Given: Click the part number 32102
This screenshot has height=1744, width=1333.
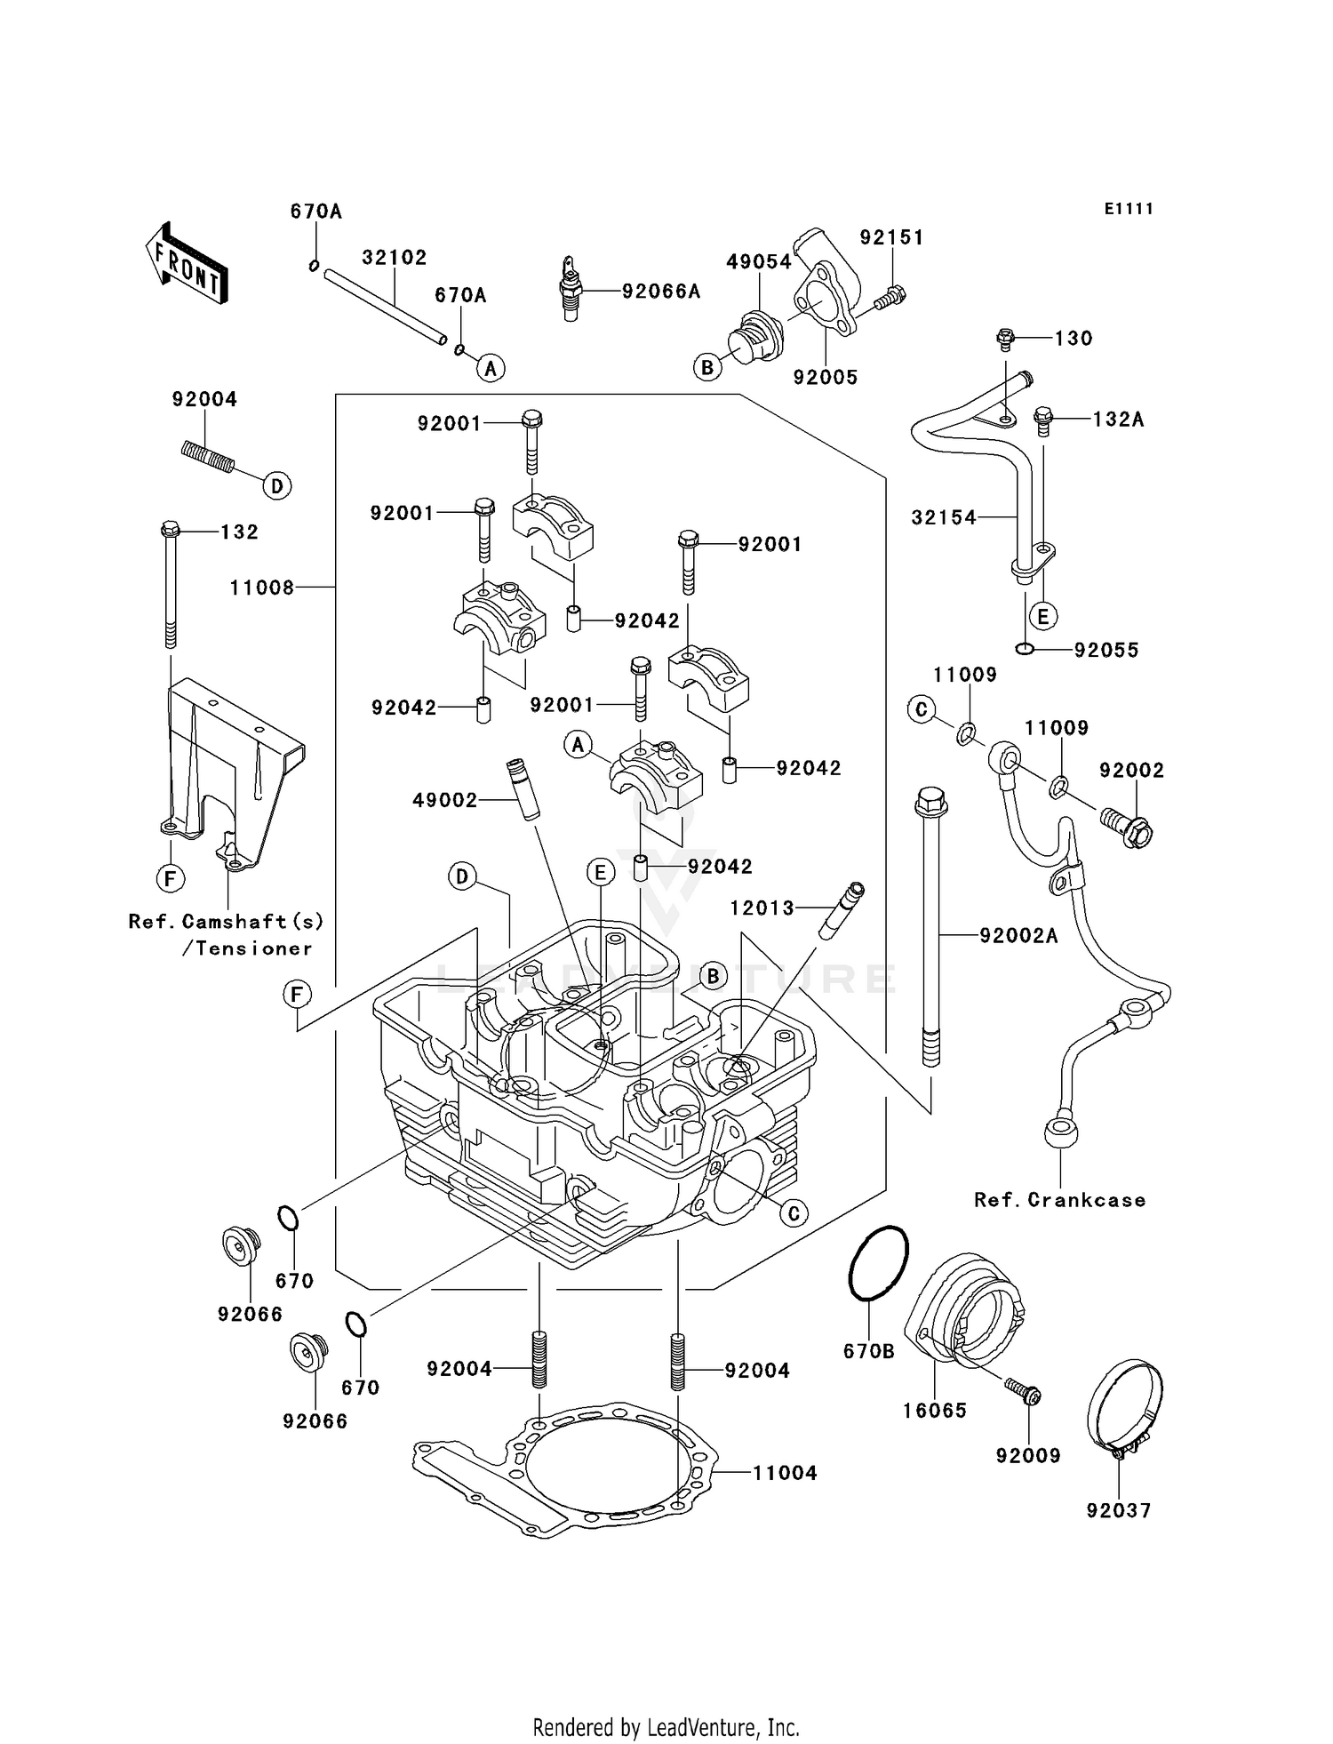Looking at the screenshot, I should tap(394, 258).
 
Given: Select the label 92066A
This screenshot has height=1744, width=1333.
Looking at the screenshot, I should tap(661, 292).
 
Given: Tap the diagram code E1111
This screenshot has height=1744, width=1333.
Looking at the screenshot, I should tap(1129, 209).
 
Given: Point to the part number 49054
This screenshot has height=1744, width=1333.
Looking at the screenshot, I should tap(758, 261).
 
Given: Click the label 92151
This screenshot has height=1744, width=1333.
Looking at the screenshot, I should tap(891, 237).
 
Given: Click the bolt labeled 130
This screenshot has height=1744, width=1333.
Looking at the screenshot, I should tap(1006, 338).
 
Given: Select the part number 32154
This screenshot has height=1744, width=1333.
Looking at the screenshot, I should tap(944, 517).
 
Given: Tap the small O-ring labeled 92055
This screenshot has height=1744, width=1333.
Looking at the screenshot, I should tap(1024, 649).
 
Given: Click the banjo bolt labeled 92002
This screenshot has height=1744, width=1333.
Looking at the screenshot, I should tap(1125, 825).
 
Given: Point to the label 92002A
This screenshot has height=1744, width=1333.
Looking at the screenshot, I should tap(1018, 935).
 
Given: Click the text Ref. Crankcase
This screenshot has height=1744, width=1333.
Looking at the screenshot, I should tap(1059, 1200).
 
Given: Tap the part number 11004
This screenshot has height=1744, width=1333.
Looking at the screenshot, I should tap(785, 1473).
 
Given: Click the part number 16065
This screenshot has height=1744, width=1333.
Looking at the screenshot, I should tap(934, 1410).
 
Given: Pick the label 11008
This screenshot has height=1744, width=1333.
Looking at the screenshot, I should tap(261, 588).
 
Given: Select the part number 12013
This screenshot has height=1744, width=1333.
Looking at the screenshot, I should tap(762, 908).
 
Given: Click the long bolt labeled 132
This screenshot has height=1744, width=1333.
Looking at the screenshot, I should tap(170, 587).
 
